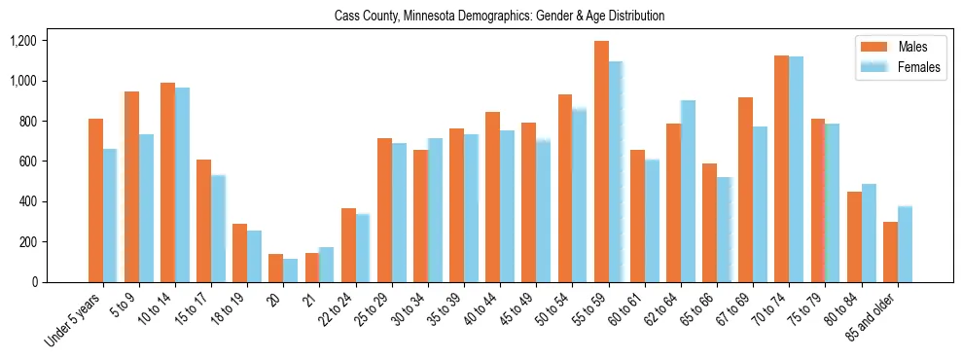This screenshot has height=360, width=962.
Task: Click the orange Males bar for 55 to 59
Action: tap(602, 162)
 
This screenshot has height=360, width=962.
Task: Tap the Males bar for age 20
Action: tap(275, 268)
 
